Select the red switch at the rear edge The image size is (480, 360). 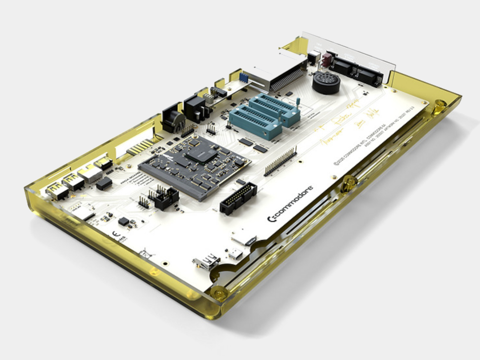(x=327, y=60)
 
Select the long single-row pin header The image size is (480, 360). (x=280, y=161)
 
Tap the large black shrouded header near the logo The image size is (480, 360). (x=238, y=198)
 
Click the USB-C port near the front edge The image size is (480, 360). (x=236, y=254)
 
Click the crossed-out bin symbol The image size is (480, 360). (x=144, y=253)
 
